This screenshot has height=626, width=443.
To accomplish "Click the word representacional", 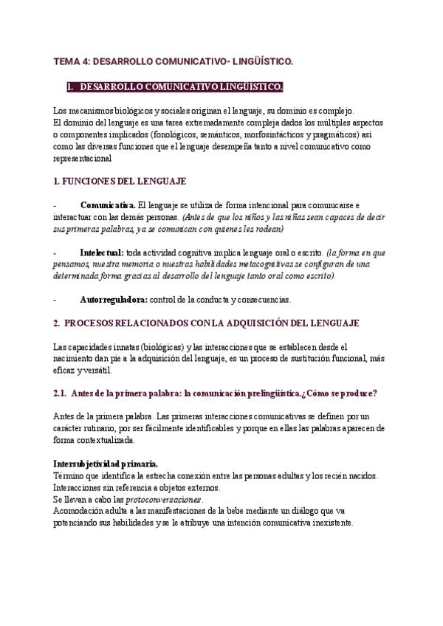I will coord(83,157).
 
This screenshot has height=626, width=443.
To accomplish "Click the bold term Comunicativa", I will coord(108,204).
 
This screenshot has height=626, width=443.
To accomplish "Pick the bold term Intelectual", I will coord(102,252).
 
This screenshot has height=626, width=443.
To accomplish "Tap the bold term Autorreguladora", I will coord(114,300).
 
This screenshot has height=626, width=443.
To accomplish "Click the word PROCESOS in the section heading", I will coord(92,323).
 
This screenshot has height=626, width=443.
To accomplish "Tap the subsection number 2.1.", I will coord(61,393).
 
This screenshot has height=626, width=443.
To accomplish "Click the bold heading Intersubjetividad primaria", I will coord(106,463).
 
